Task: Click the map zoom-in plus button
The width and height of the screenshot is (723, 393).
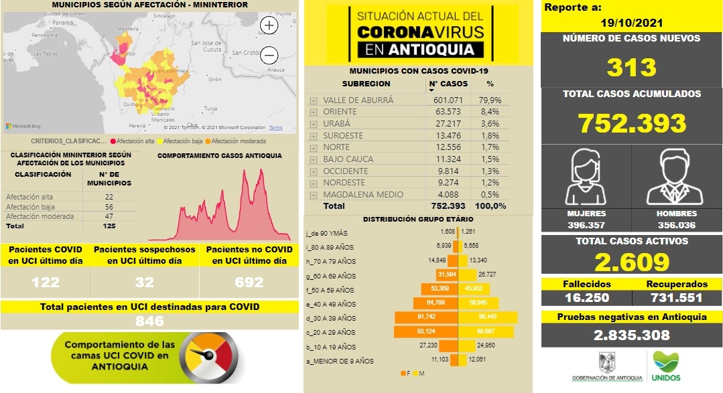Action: (269, 25)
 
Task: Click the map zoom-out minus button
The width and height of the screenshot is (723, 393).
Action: (269, 54)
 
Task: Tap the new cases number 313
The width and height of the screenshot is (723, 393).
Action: (632, 68)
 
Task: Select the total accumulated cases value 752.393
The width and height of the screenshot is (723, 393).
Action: (632, 123)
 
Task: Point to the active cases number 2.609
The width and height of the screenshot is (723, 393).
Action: (632, 261)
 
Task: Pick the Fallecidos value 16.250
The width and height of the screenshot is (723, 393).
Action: (586, 298)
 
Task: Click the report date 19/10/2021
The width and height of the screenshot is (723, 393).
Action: (632, 22)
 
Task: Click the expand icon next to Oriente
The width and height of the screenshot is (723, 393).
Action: (313, 112)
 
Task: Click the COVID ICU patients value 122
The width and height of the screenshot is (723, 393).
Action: (46, 283)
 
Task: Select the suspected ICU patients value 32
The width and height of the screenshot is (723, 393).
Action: (144, 283)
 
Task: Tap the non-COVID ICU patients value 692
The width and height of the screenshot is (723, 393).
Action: (249, 283)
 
